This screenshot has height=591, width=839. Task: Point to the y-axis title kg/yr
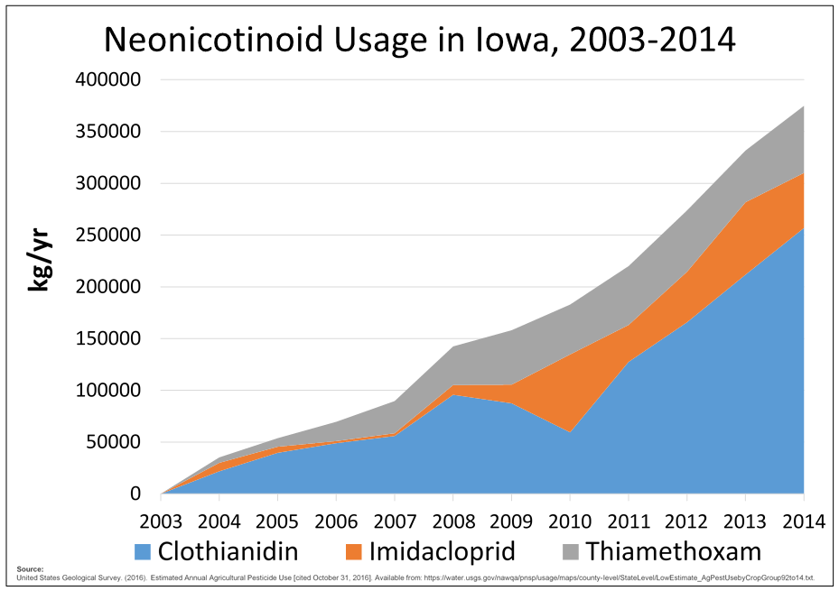[39, 260]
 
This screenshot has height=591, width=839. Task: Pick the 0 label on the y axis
[135, 494]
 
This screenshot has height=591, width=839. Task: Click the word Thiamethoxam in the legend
[673, 551]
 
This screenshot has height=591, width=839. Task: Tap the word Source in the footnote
[30, 569]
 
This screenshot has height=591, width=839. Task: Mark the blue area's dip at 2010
[570, 433]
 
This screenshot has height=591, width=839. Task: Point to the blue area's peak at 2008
[453, 395]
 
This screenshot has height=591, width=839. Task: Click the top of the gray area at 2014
[803, 106]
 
